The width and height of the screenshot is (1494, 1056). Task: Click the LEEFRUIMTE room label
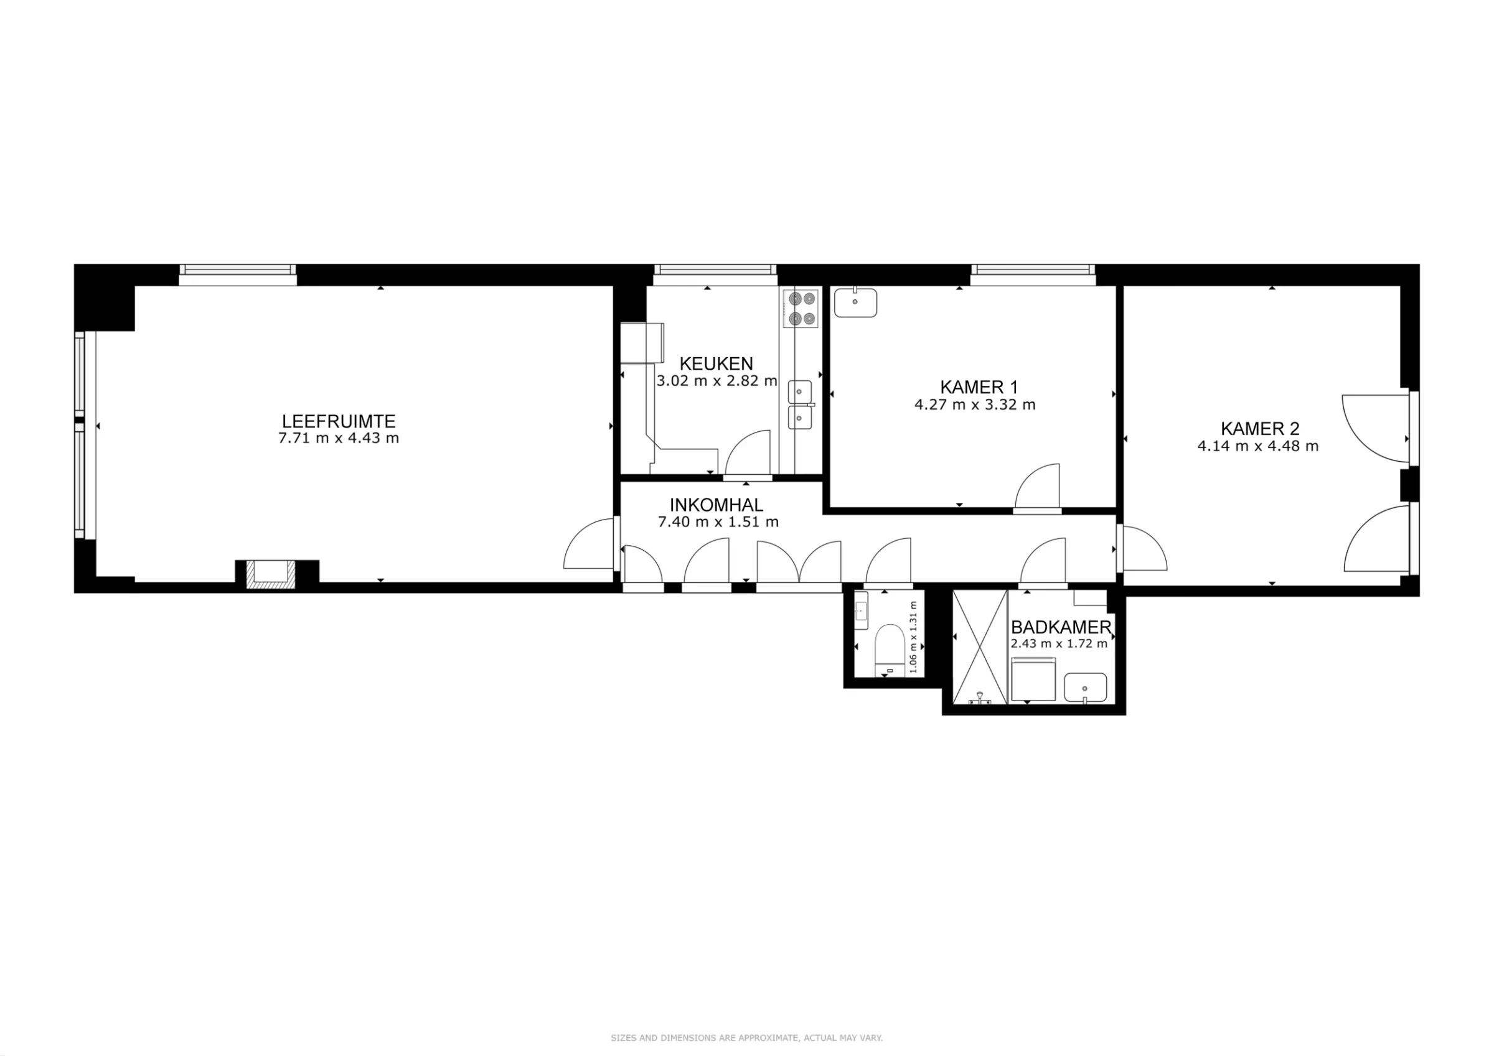(339, 421)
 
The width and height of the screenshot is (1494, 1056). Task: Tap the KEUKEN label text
(716, 363)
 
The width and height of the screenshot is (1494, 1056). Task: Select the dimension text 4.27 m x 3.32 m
(975, 404)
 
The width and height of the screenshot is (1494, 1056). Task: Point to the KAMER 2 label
(1260, 429)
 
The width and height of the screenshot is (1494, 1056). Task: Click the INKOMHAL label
(716, 505)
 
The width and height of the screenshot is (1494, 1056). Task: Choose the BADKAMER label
(1061, 627)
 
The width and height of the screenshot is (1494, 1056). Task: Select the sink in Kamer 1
(856, 303)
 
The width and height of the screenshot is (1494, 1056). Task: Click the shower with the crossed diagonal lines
(980, 647)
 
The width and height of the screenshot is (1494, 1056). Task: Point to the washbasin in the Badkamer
(1086, 687)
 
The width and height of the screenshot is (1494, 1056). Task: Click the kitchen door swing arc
(748, 454)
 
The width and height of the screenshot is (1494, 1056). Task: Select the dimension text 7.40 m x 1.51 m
(718, 522)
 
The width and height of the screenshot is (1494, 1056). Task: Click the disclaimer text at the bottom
(746, 1038)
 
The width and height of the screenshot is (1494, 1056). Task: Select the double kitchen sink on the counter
(801, 404)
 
